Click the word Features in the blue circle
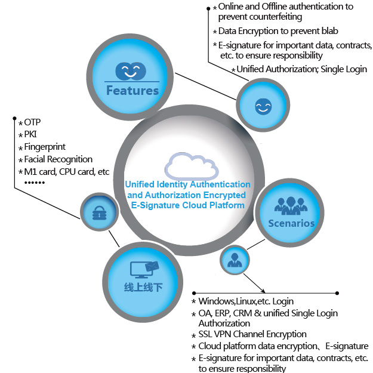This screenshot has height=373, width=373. pyautogui.click(x=132, y=91)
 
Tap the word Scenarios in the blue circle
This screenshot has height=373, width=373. pyautogui.click(x=291, y=223)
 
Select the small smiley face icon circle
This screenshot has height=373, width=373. pyautogui.click(x=262, y=106)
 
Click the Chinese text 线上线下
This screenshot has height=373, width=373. pyautogui.click(x=143, y=287)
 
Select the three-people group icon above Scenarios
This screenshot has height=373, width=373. pyautogui.click(x=291, y=205)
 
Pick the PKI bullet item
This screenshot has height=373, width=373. pyautogui.click(x=30, y=134)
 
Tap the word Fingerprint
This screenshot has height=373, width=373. pyautogui.click(x=45, y=147)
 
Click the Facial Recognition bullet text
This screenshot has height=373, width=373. pyautogui.click(x=58, y=159)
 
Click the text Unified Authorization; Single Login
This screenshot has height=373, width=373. pyautogui.click(x=301, y=69)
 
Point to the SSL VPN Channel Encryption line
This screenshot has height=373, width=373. pyautogui.click(x=252, y=334)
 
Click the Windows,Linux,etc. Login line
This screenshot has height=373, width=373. pyautogui.click(x=246, y=301)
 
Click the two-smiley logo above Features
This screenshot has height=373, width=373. pyautogui.click(x=131, y=71)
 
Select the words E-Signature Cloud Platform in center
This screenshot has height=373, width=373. pyautogui.click(x=187, y=205)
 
